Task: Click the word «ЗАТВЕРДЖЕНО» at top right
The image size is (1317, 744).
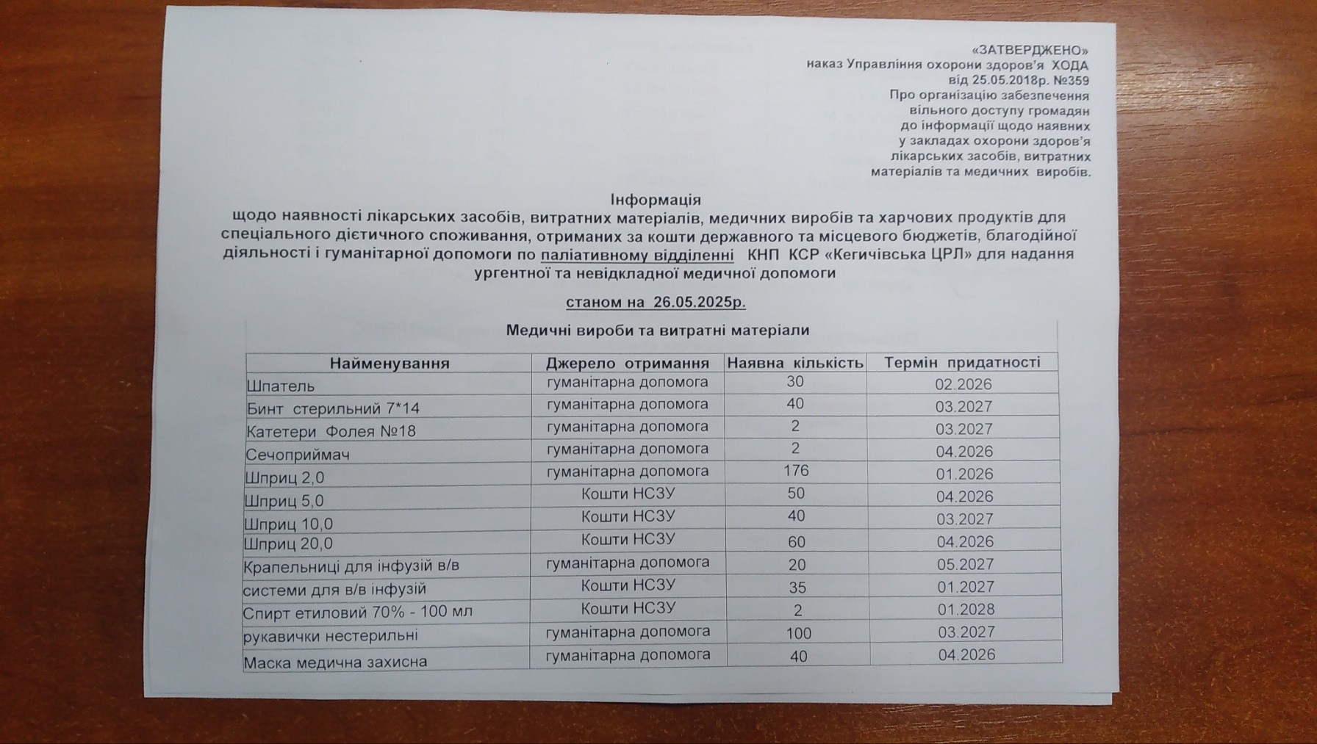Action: coord(1029,51)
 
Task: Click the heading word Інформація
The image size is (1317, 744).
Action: coord(656,200)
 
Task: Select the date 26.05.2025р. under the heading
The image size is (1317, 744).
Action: coord(698,302)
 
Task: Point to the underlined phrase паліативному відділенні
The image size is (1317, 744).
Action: coord(637,255)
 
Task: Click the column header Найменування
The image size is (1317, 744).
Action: coord(389,364)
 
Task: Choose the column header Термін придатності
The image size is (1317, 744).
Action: coord(962,362)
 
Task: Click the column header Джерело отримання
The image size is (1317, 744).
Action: coord(627,363)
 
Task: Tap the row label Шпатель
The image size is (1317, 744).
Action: coord(281,386)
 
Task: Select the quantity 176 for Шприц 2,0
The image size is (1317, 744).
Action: coord(796,471)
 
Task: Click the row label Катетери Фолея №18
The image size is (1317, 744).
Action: coord(331,431)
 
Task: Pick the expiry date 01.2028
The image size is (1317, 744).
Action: coord(966,609)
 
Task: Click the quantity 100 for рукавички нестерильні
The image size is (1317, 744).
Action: coord(798,633)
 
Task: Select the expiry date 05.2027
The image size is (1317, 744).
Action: coord(965,564)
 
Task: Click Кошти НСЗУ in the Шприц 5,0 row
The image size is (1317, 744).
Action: coord(628,494)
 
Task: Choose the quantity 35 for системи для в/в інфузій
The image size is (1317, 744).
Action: coord(797,588)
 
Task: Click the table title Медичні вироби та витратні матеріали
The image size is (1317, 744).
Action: coord(657,331)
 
